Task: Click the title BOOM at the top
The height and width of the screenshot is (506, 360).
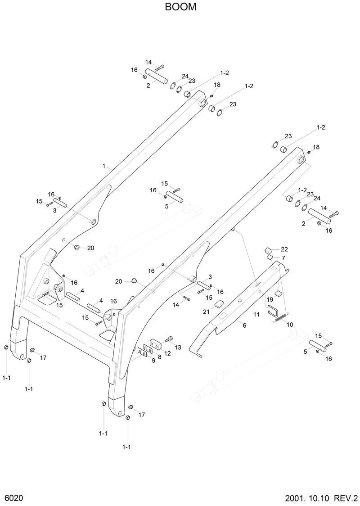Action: point(180,8)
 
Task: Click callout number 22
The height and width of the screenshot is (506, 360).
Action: point(284,249)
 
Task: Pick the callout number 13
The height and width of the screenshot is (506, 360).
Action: point(178,347)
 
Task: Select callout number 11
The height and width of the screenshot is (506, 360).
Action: point(256,314)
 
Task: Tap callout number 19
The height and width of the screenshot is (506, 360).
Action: point(270,299)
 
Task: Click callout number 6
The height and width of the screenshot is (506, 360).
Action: point(244,325)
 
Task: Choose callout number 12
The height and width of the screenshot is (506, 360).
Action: point(167,353)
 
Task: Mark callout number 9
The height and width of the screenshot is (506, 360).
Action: point(153,360)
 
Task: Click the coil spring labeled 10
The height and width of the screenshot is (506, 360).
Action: point(279,318)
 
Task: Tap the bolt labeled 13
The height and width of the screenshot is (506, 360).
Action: point(169,339)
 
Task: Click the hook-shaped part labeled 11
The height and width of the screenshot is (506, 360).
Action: point(272,311)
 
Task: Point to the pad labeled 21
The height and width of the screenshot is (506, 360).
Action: point(219,303)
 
